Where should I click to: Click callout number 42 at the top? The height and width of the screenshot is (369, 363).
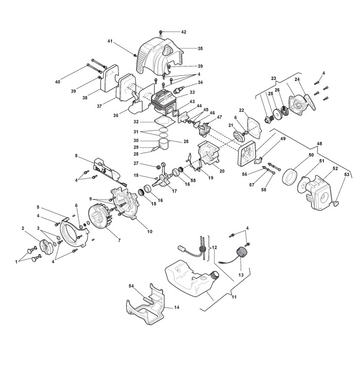pos(183,32)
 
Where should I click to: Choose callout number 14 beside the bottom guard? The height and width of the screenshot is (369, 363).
pos(177,307)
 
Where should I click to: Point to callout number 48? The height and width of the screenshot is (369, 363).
pos(319,143)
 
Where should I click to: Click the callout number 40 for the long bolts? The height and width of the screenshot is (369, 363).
pos(58,81)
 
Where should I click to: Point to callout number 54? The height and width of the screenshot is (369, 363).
pos(132,286)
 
